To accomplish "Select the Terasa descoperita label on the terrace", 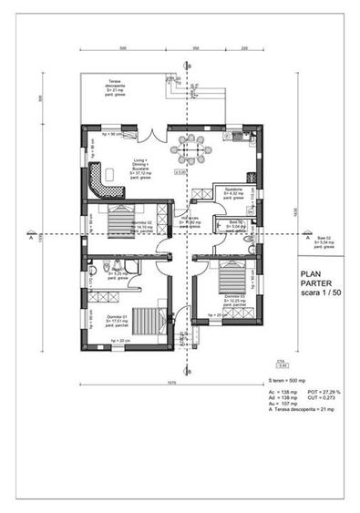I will (x=122, y=88).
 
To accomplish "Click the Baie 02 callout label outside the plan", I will (x=323, y=242).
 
